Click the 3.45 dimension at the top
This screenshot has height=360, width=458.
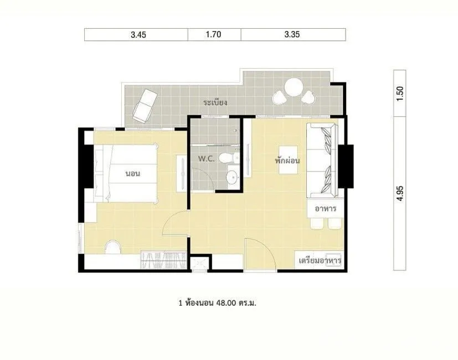tap(138, 35)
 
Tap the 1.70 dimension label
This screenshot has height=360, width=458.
tap(214, 34)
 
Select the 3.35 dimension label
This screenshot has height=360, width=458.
tap(292, 34)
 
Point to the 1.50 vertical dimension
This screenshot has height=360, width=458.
tap(400, 94)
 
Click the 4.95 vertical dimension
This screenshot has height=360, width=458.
tap(400, 193)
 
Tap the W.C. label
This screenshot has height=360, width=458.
tap(207, 159)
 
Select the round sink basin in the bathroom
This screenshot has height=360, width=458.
tap(233, 177)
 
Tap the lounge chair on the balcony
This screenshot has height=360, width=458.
tap(145, 105)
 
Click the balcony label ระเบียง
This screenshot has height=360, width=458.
tap(215, 102)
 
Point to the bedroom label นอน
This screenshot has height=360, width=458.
tap(133, 173)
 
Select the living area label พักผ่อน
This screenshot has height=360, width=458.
tap(287, 161)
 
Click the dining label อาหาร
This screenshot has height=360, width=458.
tap(326, 209)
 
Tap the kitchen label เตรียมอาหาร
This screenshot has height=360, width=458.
tap(320, 260)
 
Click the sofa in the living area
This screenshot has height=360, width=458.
tap(322, 161)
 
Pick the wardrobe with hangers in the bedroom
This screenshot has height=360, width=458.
tap(163, 260)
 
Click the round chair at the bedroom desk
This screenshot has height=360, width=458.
tap(112, 247)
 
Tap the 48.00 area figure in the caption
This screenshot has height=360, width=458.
tap(226, 303)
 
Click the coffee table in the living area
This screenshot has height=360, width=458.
tap(289, 160)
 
